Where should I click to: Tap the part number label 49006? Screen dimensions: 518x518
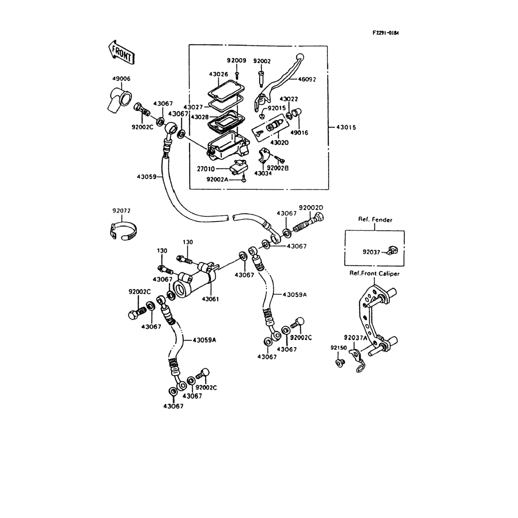coord(121,79)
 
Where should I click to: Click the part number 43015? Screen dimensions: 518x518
coord(346,127)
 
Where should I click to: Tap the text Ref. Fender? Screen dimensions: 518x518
coord(375,220)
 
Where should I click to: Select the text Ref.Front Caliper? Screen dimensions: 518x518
coord(374,274)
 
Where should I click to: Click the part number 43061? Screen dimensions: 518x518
coord(211,299)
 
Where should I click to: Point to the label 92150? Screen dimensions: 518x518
coord(339,348)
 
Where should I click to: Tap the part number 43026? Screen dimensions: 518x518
coord(218,74)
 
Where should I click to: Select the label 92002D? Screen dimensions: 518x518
coord(311,208)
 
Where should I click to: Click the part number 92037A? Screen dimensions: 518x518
coord(355,337)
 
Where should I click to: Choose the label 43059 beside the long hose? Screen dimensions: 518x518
coord(146,176)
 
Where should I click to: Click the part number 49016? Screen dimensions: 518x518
coord(299,133)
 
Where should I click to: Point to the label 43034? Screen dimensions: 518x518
coord(263,173)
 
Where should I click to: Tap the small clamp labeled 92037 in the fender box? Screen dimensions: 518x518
coord(392,250)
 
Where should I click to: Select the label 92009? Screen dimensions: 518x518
coord(237,61)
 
